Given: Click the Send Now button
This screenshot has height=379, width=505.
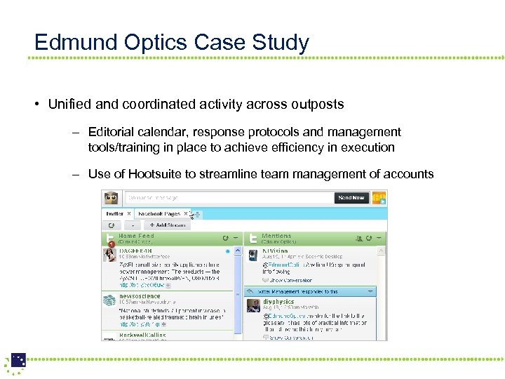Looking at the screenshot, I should [x=351, y=198].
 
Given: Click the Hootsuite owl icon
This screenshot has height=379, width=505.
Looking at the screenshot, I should [x=111, y=198].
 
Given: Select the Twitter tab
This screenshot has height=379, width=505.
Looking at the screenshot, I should [x=114, y=213].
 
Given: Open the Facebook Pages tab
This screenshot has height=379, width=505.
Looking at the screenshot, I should [x=159, y=213].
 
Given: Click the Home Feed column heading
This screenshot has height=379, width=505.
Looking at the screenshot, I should [x=136, y=236].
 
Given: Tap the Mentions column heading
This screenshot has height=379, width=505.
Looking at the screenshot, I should [x=276, y=236].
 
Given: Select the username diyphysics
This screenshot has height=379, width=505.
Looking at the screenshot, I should [x=278, y=300].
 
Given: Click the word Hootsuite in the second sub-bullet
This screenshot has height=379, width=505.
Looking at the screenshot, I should [x=154, y=174].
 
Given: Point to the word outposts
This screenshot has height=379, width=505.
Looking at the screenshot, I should [x=319, y=105].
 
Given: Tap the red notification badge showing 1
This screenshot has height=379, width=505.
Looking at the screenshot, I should [x=111, y=244].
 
